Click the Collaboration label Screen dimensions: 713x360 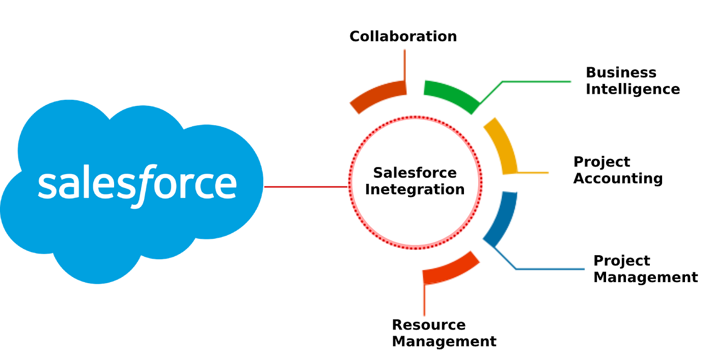(403, 36)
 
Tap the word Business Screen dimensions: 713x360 (621, 73)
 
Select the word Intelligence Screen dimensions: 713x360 (633, 89)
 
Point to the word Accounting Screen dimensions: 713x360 (618, 178)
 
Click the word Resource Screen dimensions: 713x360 (429, 325)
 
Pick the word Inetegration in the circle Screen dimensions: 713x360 (415, 189)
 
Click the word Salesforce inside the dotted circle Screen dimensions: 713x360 (415, 173)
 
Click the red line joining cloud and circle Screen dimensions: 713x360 (306, 187)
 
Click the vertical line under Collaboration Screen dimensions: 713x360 (404, 65)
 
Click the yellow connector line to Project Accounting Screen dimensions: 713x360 (533, 173)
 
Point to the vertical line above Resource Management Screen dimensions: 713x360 (424, 299)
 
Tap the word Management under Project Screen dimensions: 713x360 (646, 277)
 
